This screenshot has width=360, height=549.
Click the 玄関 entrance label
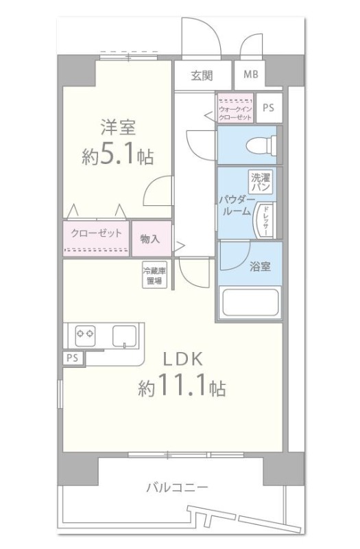[x=202, y=75]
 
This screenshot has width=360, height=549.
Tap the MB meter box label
[x=250, y=75]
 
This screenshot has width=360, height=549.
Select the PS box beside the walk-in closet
[x=268, y=108]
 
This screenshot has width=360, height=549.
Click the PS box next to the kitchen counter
[x=71, y=358]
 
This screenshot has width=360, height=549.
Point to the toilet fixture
[x=268, y=145]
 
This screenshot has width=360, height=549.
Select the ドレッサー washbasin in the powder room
[x=264, y=220]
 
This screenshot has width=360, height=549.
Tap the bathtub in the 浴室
[x=249, y=302]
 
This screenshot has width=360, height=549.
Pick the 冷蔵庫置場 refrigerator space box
[x=153, y=274]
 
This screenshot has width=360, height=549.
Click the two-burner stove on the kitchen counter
[x=84, y=336]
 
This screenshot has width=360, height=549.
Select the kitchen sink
[x=125, y=336]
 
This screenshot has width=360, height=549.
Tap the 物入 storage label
[x=150, y=238]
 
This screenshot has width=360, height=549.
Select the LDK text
[x=182, y=359]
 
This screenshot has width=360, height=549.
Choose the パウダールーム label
[x=235, y=205]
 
